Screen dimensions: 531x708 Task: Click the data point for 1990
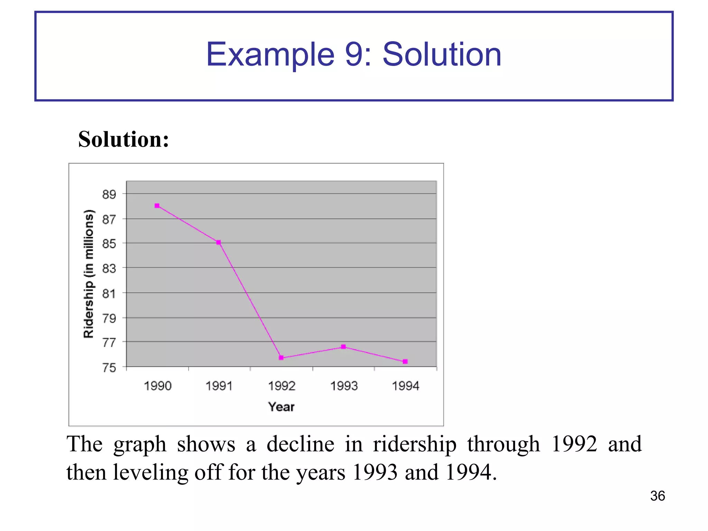157,206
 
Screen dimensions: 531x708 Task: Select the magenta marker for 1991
218,242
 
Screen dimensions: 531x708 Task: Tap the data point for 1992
281,358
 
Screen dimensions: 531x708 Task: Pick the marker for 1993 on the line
343,347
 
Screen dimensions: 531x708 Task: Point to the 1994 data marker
405,362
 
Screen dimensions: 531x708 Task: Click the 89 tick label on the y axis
109,194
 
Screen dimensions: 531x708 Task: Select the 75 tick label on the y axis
109,367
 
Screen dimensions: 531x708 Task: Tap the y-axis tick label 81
109,294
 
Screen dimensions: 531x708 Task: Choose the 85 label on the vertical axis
109,244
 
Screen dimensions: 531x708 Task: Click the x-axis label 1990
158,386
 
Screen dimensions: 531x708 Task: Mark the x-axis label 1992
282,386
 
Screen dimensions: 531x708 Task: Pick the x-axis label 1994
406,386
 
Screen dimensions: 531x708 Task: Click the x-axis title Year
281,407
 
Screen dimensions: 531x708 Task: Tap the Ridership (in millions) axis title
89,273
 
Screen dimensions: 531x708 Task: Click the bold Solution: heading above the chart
124,139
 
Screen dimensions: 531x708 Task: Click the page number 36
658,496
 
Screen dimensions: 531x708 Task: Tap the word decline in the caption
300,444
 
